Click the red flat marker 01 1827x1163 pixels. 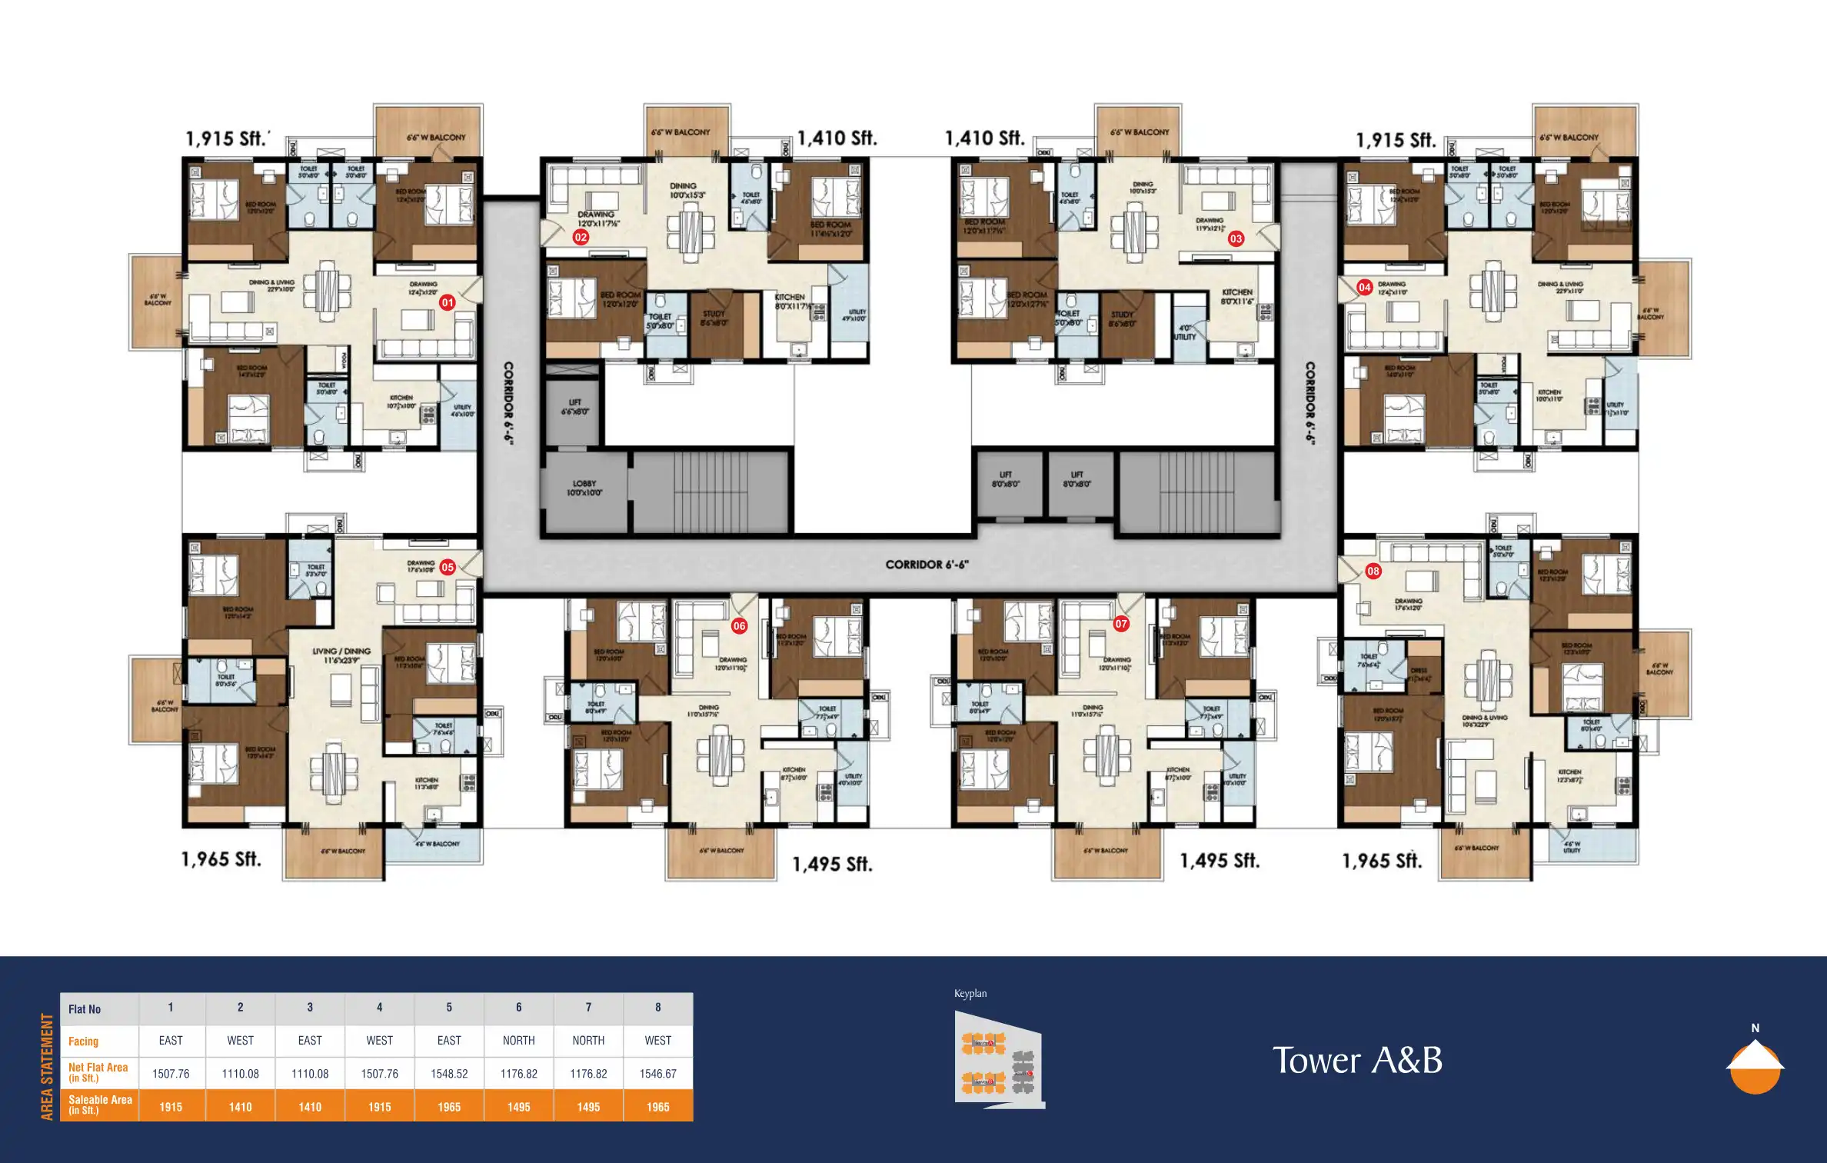tap(448, 303)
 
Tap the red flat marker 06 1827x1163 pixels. tap(739, 626)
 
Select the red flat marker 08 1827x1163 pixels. tap(1373, 571)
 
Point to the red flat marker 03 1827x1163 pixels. tap(1236, 238)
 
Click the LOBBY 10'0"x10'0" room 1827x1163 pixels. tap(584, 489)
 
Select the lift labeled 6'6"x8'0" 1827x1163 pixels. tap(574, 407)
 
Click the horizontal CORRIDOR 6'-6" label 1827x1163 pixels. tap(927, 565)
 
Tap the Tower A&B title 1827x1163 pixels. tap(1357, 1061)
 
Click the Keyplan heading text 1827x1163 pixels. tap(970, 994)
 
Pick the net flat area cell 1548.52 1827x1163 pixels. tap(449, 1074)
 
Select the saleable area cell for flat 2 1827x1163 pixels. tap(240, 1107)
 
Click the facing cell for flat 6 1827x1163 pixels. tap(518, 1041)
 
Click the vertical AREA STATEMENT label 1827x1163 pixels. tap(48, 1066)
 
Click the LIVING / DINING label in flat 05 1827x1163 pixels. tap(341, 655)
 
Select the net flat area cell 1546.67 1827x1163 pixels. tap(657, 1074)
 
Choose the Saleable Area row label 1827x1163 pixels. tap(99, 1105)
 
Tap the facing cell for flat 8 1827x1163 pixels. tap(657, 1041)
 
